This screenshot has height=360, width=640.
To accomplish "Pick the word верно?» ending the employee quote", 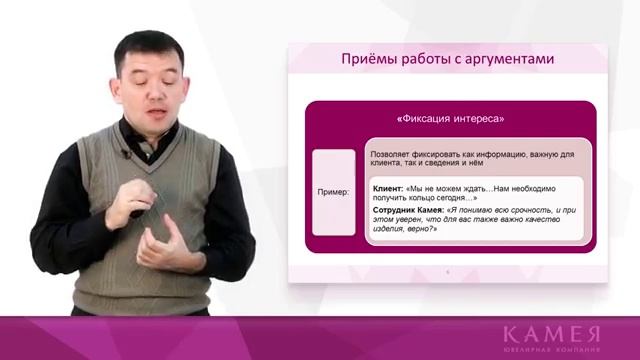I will pos(421,229).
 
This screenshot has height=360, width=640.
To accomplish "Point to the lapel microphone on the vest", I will pos(126,154).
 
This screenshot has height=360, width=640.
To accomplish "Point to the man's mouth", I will pos(159,101).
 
